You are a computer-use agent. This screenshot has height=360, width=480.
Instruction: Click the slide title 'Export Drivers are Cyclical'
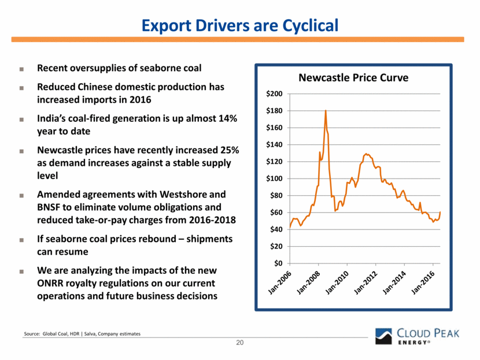239,25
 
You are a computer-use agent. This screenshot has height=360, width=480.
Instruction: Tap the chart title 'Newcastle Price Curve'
353,77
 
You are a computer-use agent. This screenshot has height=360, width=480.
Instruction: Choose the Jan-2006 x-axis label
280,283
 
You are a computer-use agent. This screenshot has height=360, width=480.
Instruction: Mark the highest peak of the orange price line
326,110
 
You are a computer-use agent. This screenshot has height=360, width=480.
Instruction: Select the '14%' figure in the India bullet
228,118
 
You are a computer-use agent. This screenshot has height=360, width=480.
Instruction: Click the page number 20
239,344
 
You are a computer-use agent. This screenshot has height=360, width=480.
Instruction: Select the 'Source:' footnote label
33,335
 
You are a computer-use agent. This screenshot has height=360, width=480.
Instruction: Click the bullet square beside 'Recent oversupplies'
22,69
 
